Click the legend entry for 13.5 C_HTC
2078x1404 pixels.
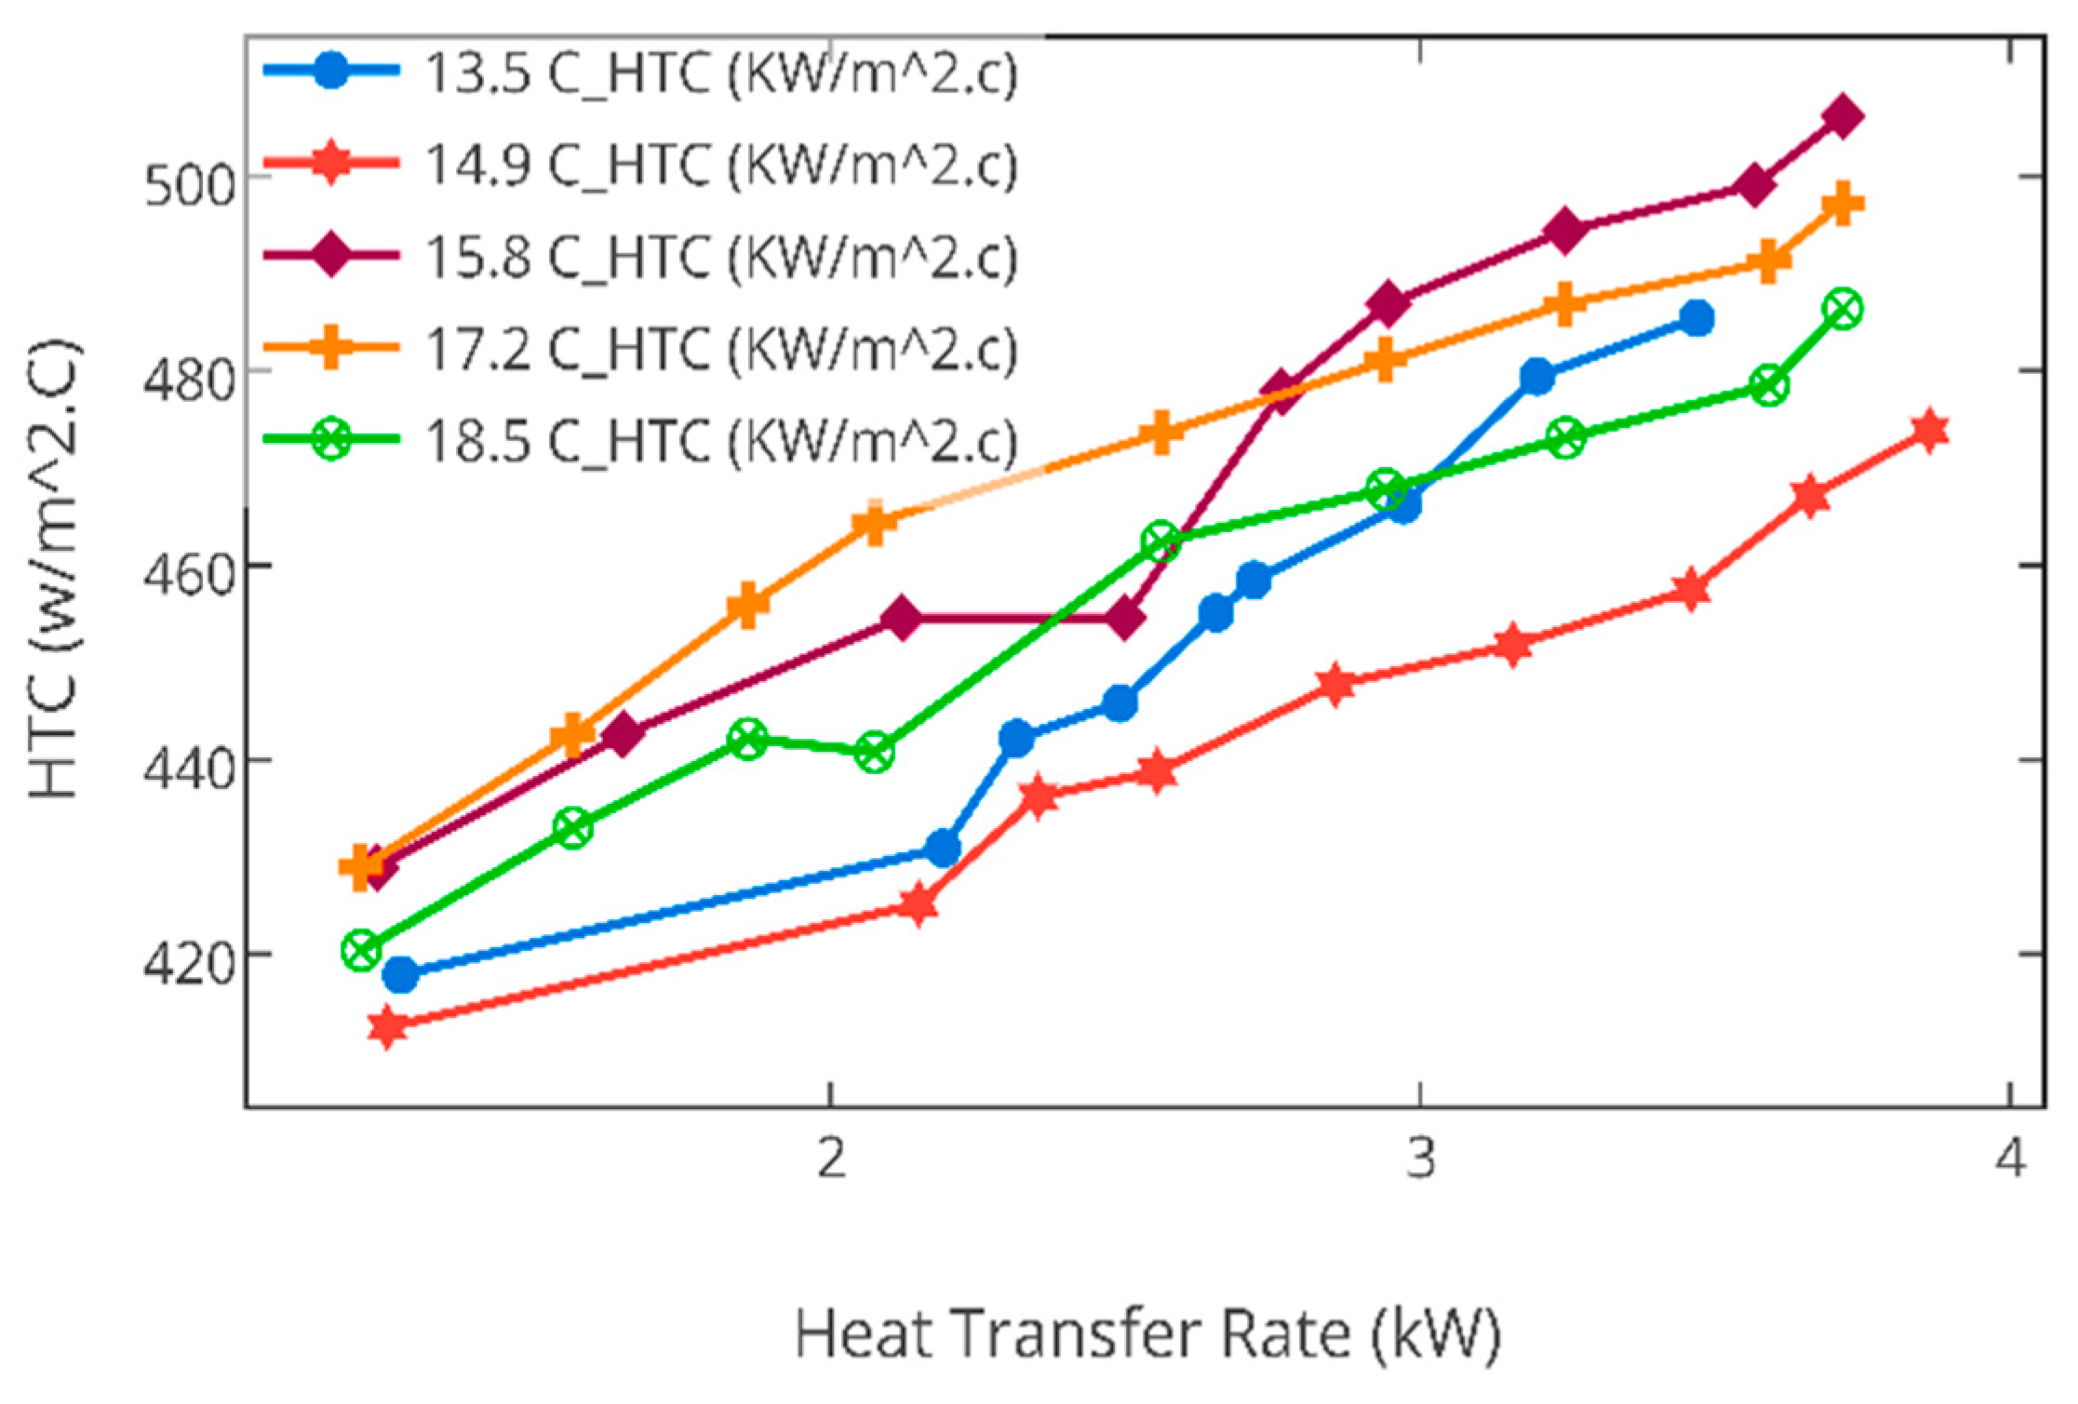720,73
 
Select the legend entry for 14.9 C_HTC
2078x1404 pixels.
720,165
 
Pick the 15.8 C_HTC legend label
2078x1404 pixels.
720,256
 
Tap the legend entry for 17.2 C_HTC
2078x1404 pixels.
720,348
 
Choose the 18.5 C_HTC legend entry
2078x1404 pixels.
720,439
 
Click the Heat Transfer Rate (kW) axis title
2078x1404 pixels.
1147,1333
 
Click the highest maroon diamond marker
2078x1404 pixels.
1843,117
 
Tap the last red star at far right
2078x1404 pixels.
1930,431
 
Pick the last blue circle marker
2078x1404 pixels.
1697,319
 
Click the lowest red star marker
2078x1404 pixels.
387,1027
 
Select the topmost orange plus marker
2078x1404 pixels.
1843,205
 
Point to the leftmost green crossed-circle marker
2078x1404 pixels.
362,950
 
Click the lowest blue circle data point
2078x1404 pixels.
400,975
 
